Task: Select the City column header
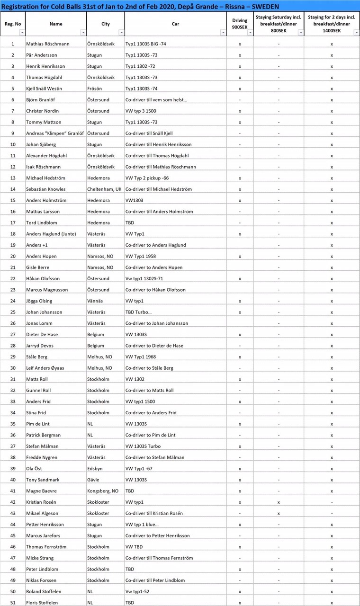click(x=105, y=24)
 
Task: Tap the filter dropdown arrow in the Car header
click(x=223, y=33)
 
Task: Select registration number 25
click(x=13, y=312)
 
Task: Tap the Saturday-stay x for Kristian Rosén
click(x=279, y=502)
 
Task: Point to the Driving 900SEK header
click(x=240, y=24)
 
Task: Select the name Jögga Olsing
click(x=39, y=301)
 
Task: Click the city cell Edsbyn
click(x=95, y=468)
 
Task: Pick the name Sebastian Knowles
click(x=46, y=189)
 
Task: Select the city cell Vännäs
click(x=96, y=301)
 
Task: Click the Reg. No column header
click(x=13, y=24)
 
